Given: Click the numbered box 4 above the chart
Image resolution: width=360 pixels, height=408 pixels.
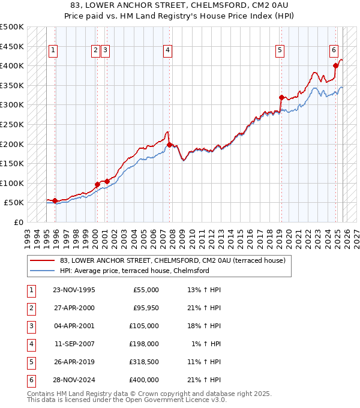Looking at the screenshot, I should [x=167, y=50].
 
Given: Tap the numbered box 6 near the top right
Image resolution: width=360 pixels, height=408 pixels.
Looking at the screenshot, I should [x=334, y=50].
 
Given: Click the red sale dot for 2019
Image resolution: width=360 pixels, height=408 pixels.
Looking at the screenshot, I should [x=281, y=97].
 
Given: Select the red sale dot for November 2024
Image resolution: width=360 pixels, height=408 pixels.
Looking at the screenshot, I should [x=336, y=66].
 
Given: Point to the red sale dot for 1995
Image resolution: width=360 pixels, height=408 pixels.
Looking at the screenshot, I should [x=55, y=200].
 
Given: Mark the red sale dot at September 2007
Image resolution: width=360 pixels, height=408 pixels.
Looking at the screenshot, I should [x=170, y=145].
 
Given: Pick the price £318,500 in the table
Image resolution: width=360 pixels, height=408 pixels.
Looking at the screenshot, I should [x=143, y=362].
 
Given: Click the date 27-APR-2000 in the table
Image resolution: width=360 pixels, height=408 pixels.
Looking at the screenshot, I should [x=74, y=308].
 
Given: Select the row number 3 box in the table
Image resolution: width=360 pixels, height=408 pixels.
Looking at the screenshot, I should [x=30, y=326].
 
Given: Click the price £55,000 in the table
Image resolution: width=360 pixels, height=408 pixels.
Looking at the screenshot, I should [x=146, y=290].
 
